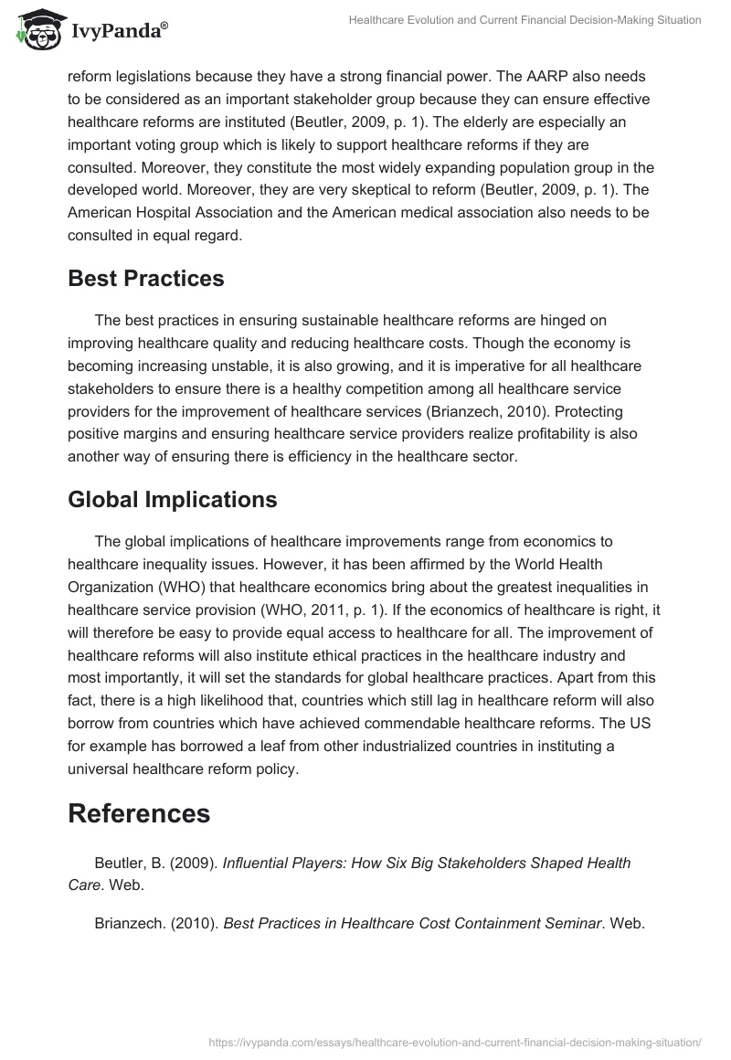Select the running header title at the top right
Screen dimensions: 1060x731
coord(524,19)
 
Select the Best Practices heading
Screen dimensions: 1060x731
coord(145,279)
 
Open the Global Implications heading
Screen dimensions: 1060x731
coord(172,500)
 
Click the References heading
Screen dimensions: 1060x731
coord(139,813)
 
